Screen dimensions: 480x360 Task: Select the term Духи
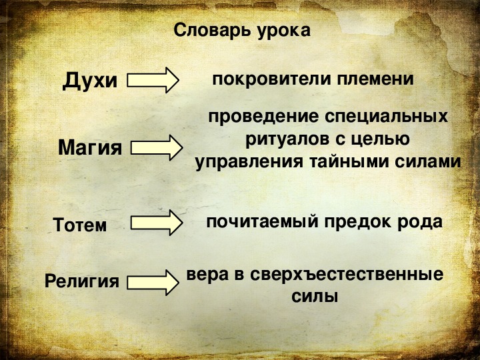(90, 81)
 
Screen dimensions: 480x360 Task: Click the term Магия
(90, 147)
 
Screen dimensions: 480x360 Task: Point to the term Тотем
(79, 225)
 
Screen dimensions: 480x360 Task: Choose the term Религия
(82, 281)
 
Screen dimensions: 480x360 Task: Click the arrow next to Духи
(153, 80)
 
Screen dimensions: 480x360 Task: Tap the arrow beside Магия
(157, 148)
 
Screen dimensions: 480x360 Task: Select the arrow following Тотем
(157, 223)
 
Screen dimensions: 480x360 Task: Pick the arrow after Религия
(153, 283)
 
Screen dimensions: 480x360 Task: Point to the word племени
(375, 79)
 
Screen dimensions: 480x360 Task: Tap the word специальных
(386, 117)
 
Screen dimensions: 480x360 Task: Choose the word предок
(358, 221)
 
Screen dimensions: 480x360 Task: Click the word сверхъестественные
(347, 274)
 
